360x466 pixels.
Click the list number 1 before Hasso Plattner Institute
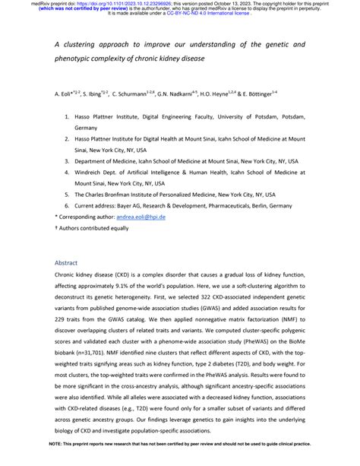66,119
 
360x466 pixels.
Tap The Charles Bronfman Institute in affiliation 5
125,195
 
